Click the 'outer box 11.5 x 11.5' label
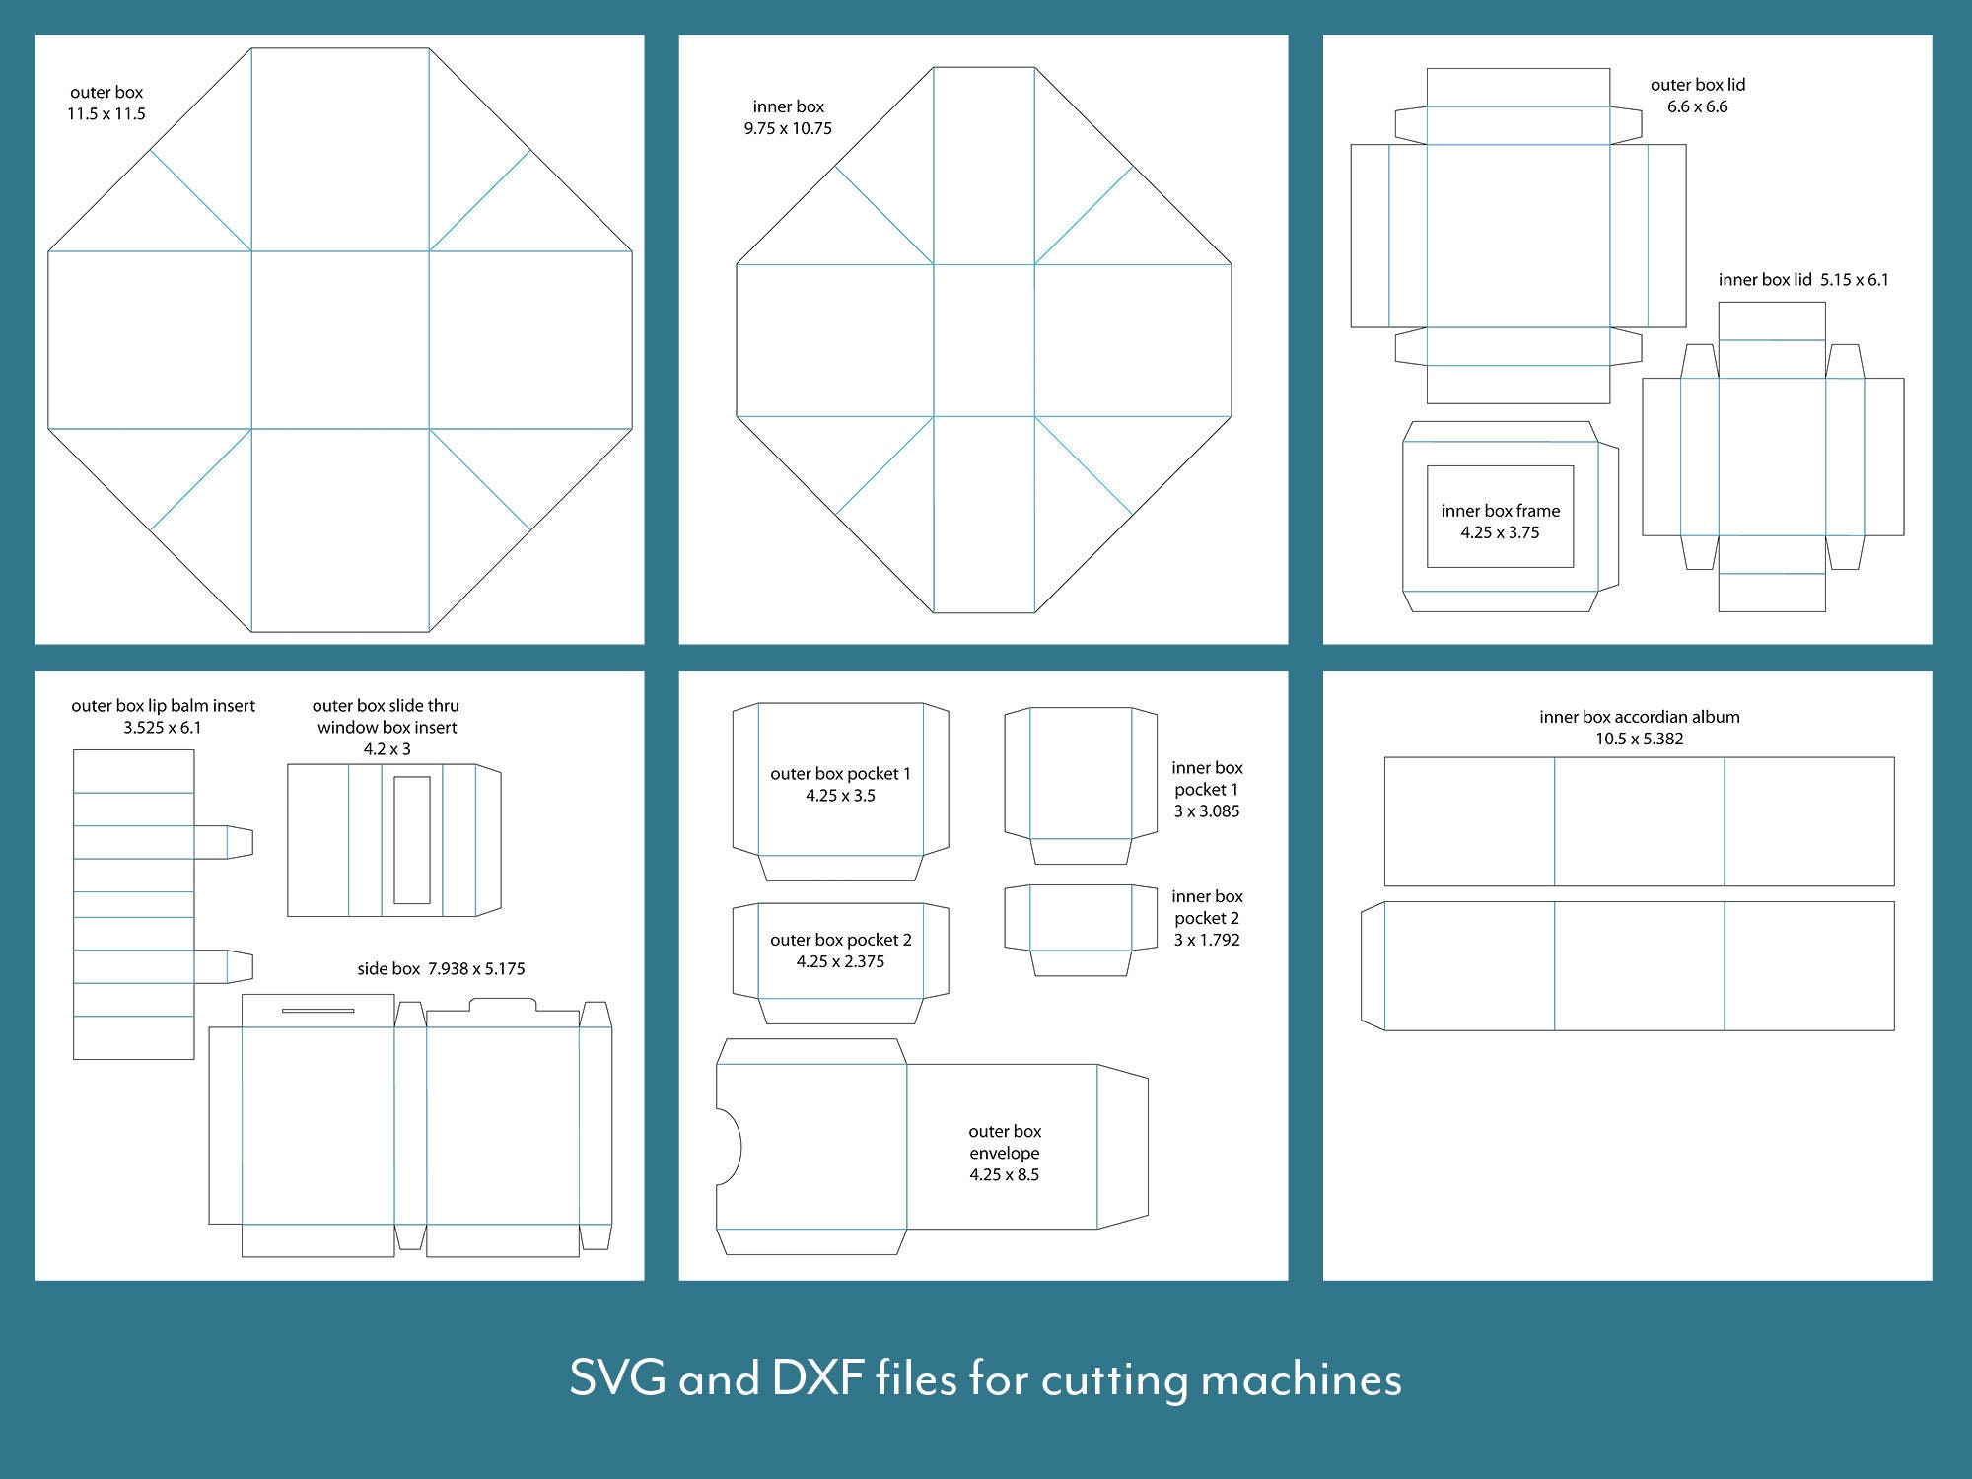click(x=106, y=103)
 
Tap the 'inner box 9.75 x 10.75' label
click(x=788, y=117)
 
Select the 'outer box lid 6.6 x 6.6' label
click(x=1698, y=96)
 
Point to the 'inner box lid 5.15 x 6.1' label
click(x=1803, y=280)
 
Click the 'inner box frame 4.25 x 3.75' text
click(x=1500, y=522)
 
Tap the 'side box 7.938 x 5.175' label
click(x=441, y=969)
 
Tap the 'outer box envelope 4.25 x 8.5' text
click(x=1004, y=1153)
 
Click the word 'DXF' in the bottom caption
click(x=817, y=1377)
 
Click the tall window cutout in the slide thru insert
click(x=412, y=840)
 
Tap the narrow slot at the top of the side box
click(x=317, y=1011)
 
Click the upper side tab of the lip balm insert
click(x=224, y=842)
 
